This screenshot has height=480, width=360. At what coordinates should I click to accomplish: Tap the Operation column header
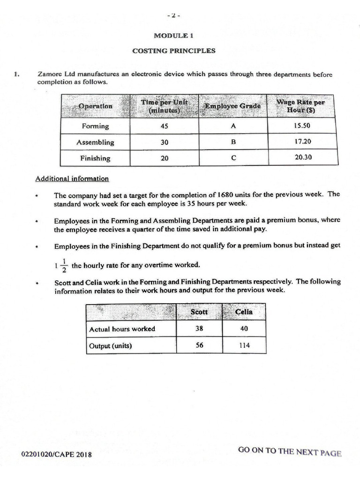(95, 106)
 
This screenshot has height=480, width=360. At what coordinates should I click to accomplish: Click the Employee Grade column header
(232, 106)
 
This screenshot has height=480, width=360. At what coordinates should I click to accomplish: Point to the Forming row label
(95, 126)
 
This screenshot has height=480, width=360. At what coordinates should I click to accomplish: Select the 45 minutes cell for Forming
(164, 126)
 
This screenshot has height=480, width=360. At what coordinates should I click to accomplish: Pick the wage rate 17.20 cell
(302, 142)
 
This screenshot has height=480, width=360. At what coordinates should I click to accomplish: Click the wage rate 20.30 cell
(302, 157)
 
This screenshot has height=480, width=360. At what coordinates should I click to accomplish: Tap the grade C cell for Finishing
(232, 158)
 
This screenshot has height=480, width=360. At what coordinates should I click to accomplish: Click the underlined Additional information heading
(72, 179)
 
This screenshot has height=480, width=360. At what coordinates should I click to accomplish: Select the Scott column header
(199, 312)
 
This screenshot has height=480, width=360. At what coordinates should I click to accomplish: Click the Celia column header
(244, 312)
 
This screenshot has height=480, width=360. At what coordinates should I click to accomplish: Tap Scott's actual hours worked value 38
(199, 329)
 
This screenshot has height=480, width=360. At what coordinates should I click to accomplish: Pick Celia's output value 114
(244, 345)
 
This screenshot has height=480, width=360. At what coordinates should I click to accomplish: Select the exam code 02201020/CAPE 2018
(56, 454)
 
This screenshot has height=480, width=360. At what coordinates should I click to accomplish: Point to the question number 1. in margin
(17, 74)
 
